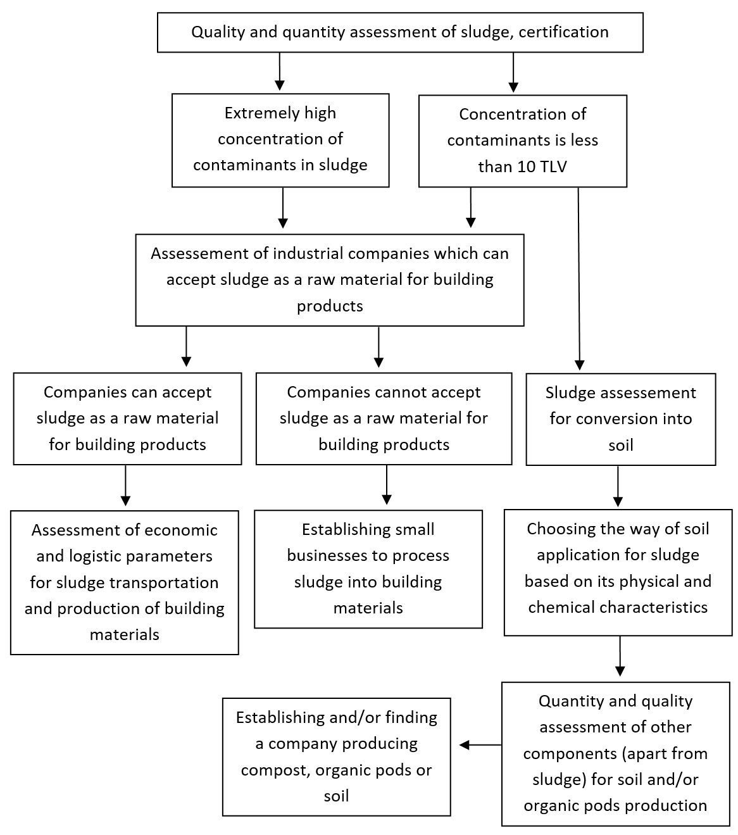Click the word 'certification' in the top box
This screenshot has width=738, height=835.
click(563, 32)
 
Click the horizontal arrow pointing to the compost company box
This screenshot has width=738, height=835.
click(480, 744)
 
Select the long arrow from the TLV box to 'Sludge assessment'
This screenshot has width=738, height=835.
click(579, 279)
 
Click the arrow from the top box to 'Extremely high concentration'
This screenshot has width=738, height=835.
click(279, 72)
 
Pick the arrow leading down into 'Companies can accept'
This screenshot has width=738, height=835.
click(186, 347)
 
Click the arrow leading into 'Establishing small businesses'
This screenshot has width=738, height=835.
click(387, 485)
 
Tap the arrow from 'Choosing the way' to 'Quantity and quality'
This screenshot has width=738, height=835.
click(620, 656)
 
